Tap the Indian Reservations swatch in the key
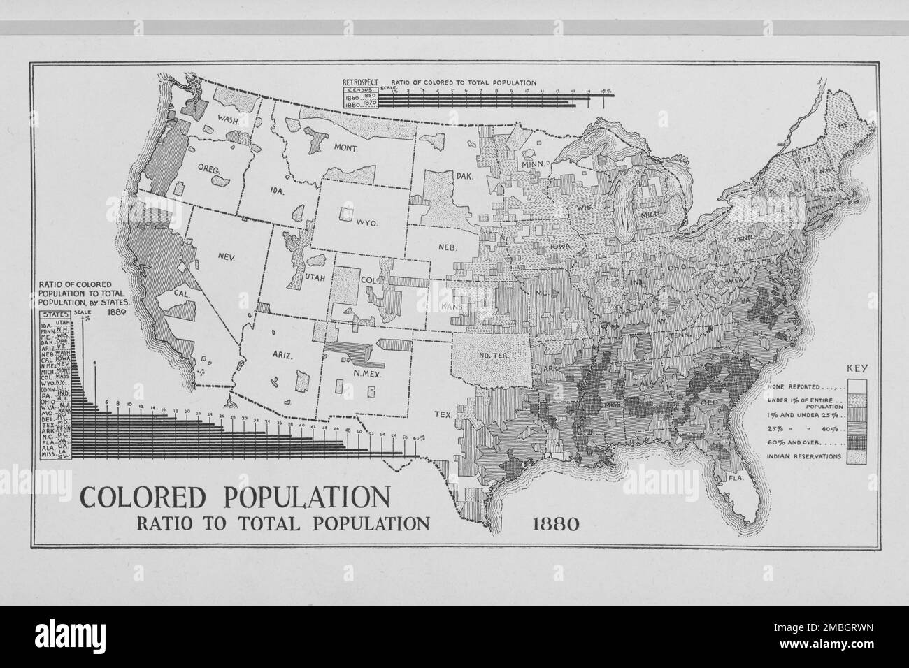click(x=857, y=458)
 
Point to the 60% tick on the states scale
click(x=419, y=438)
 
